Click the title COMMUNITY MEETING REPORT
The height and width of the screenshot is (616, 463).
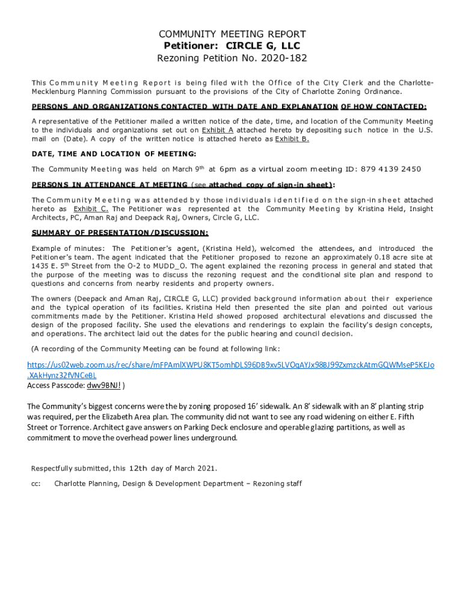point(231,34)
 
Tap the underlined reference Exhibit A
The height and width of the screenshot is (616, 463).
point(217,130)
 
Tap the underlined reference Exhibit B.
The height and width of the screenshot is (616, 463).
point(292,139)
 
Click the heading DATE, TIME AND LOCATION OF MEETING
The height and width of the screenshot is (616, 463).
point(114,154)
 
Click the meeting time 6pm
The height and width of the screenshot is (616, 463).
point(230,169)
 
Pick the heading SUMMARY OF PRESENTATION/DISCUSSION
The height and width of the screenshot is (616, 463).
point(120,233)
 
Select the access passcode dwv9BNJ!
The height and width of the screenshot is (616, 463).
point(103,386)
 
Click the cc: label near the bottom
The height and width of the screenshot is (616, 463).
point(35,483)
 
